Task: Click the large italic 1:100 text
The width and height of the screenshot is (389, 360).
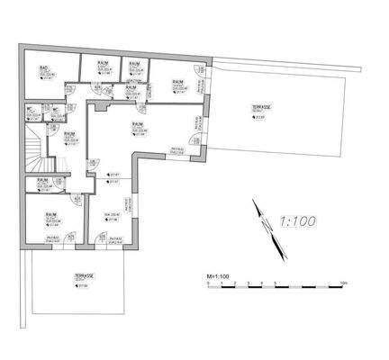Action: pos(300,219)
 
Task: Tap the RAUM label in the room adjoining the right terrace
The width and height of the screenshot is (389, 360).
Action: pos(177,82)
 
